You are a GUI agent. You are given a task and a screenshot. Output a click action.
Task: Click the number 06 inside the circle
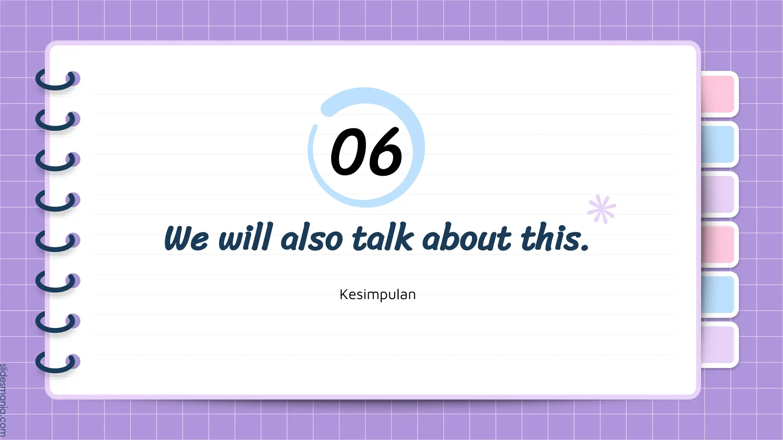point(366,152)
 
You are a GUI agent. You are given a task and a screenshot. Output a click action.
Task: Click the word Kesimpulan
point(377,294)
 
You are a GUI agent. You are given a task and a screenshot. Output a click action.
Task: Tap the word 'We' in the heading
point(186,238)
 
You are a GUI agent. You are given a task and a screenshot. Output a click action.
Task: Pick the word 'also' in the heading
point(312,238)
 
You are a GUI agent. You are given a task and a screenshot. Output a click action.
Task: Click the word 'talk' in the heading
point(383,238)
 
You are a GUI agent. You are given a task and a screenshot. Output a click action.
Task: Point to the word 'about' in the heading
point(466,238)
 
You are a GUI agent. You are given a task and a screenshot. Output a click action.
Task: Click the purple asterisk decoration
point(602,209)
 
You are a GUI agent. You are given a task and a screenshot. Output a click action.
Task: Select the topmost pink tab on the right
point(718,94)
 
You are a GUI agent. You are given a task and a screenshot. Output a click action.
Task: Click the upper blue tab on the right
point(718,144)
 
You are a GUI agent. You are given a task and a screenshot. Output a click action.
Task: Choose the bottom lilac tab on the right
point(718,345)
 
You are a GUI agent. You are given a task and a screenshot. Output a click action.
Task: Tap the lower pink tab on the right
point(718,244)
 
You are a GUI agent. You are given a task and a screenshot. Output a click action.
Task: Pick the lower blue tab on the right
point(718,294)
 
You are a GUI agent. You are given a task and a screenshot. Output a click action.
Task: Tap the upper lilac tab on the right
point(718,194)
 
